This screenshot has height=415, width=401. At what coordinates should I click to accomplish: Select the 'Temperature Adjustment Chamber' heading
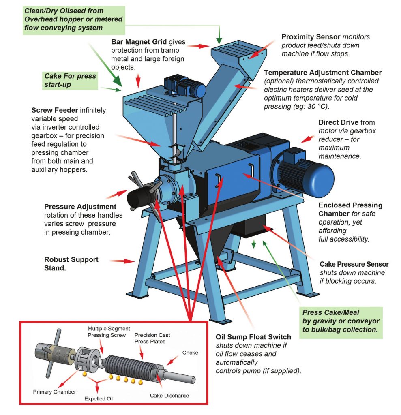click(x=323, y=73)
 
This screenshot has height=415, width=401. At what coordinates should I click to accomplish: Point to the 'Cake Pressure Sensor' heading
click(x=354, y=264)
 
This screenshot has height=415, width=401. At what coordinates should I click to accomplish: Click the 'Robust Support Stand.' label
click(x=71, y=263)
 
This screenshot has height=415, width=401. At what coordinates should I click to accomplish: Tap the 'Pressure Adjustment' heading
click(x=80, y=207)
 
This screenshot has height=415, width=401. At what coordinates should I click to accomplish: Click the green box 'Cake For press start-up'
click(x=70, y=81)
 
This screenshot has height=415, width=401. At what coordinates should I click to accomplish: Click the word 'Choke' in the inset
click(x=190, y=353)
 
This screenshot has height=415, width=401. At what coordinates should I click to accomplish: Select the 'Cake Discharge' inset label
click(x=169, y=395)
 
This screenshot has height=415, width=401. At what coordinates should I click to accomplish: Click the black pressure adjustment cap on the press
click(x=137, y=198)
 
